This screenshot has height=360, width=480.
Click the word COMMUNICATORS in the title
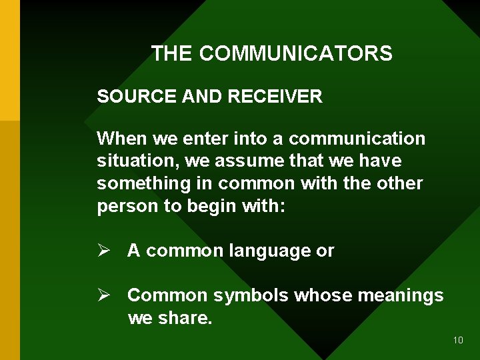295,53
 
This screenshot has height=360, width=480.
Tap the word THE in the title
172,53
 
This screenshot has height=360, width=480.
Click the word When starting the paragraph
121,139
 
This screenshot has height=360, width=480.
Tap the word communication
357,139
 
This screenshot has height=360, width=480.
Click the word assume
245,161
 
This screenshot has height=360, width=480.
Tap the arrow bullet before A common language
103,251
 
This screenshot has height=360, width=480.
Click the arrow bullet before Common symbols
103,295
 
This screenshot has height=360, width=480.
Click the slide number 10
457,340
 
